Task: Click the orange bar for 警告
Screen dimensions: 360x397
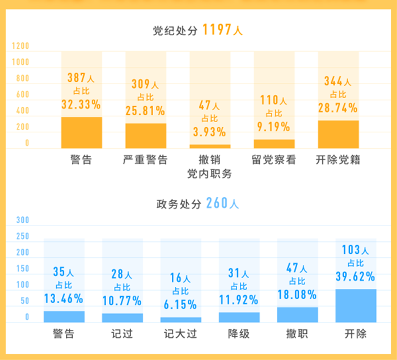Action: tap(82, 132)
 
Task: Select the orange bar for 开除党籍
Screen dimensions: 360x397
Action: tap(338, 134)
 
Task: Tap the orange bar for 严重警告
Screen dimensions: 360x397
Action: tap(146, 136)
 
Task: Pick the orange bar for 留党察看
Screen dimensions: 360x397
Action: tap(274, 144)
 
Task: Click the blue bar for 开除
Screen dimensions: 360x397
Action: tap(356, 305)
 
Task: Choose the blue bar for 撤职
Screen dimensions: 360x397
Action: tap(298, 315)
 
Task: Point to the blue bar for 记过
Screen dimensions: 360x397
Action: tap(122, 318)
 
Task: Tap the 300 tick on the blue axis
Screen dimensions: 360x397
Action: tap(22, 220)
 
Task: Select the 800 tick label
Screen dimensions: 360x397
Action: tap(22, 78)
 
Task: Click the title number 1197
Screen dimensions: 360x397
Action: tap(217, 31)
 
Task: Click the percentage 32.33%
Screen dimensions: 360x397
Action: tap(81, 104)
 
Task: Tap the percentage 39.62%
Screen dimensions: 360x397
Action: tap(356, 277)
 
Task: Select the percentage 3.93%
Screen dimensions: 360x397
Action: tap(209, 132)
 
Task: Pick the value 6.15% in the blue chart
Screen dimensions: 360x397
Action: tap(181, 304)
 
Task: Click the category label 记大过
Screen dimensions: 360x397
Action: tap(181, 334)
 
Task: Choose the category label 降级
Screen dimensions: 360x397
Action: tap(239, 334)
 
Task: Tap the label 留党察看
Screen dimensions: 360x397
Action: tap(274, 160)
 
